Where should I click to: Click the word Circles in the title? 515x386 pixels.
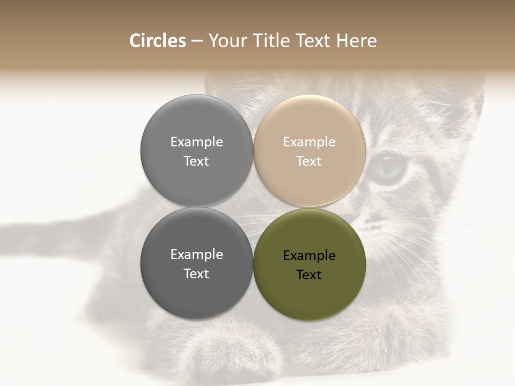click(x=158, y=41)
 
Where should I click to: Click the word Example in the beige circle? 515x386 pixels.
click(x=309, y=142)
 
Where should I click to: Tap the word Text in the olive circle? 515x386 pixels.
click(x=309, y=275)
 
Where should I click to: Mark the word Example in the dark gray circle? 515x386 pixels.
click(x=196, y=255)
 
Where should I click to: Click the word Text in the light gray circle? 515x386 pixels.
click(x=196, y=161)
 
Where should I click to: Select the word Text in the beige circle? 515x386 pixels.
click(x=309, y=161)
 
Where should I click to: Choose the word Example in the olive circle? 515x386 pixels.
click(x=309, y=256)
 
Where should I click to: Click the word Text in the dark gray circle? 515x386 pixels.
click(x=196, y=274)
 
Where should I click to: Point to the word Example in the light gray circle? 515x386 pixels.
click(x=196, y=142)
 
